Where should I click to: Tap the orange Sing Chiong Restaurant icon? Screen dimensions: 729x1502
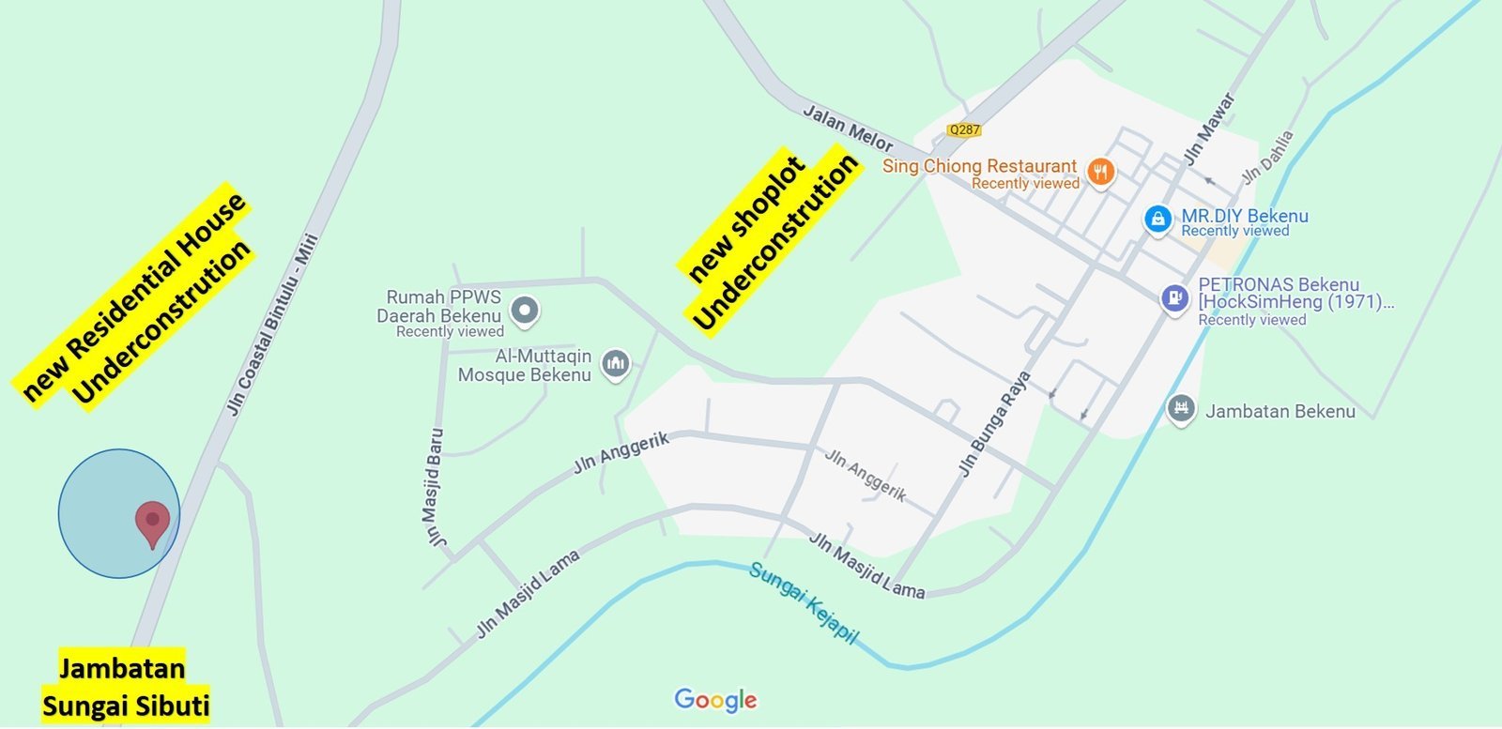(1101, 172)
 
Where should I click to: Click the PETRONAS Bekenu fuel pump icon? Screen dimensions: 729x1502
(1174, 298)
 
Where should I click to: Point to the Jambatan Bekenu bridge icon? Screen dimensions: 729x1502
(1181, 408)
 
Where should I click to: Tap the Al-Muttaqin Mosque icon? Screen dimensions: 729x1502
(615, 363)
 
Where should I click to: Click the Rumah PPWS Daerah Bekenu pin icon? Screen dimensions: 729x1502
(525, 310)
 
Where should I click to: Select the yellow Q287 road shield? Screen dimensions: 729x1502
(964, 130)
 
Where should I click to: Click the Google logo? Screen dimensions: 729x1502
(715, 700)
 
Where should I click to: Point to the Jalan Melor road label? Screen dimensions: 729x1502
(848, 128)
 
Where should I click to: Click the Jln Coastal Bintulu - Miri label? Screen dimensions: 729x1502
(273, 324)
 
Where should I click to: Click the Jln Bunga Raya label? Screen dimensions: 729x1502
(994, 424)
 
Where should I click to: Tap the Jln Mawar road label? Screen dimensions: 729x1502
(1209, 129)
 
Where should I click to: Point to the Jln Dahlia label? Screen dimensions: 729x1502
(1267, 157)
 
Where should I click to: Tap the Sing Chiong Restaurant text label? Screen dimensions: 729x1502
(979, 166)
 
